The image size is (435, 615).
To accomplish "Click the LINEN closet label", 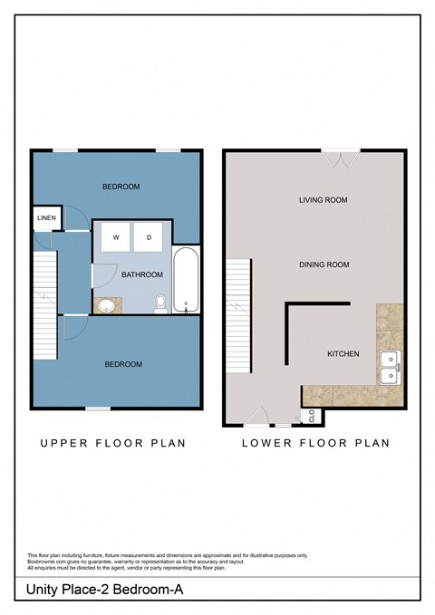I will [45, 218].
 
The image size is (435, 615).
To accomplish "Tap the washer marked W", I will [116, 237].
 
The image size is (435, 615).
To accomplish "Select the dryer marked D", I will [149, 237].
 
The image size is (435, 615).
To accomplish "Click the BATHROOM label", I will [142, 274].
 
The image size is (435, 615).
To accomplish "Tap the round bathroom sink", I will [107, 305].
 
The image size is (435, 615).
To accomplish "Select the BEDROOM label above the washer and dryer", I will [121, 187].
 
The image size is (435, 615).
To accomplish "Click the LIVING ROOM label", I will [324, 200].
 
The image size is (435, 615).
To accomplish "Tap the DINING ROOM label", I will [324, 264].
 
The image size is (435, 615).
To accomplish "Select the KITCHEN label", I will [343, 353].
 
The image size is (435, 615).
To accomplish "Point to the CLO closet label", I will [312, 417].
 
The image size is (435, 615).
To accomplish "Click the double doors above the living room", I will [340, 159].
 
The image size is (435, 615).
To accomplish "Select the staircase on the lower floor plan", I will [237, 291].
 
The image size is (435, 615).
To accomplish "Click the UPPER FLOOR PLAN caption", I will [111, 444].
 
